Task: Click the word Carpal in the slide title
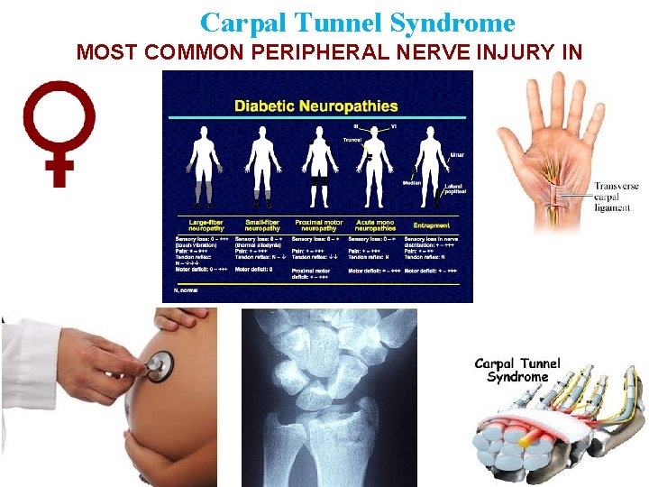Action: [x=241, y=22]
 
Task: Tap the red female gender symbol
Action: [x=60, y=130]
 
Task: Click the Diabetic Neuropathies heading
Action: [x=315, y=106]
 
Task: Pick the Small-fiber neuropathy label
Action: [x=261, y=224]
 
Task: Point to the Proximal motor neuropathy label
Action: [x=318, y=224]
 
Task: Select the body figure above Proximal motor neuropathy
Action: [x=319, y=167]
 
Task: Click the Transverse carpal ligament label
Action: [x=616, y=197]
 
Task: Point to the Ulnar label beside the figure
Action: [x=458, y=155]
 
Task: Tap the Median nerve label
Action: [x=411, y=182]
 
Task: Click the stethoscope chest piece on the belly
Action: [x=159, y=365]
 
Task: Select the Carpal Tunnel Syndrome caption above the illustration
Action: [x=517, y=370]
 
